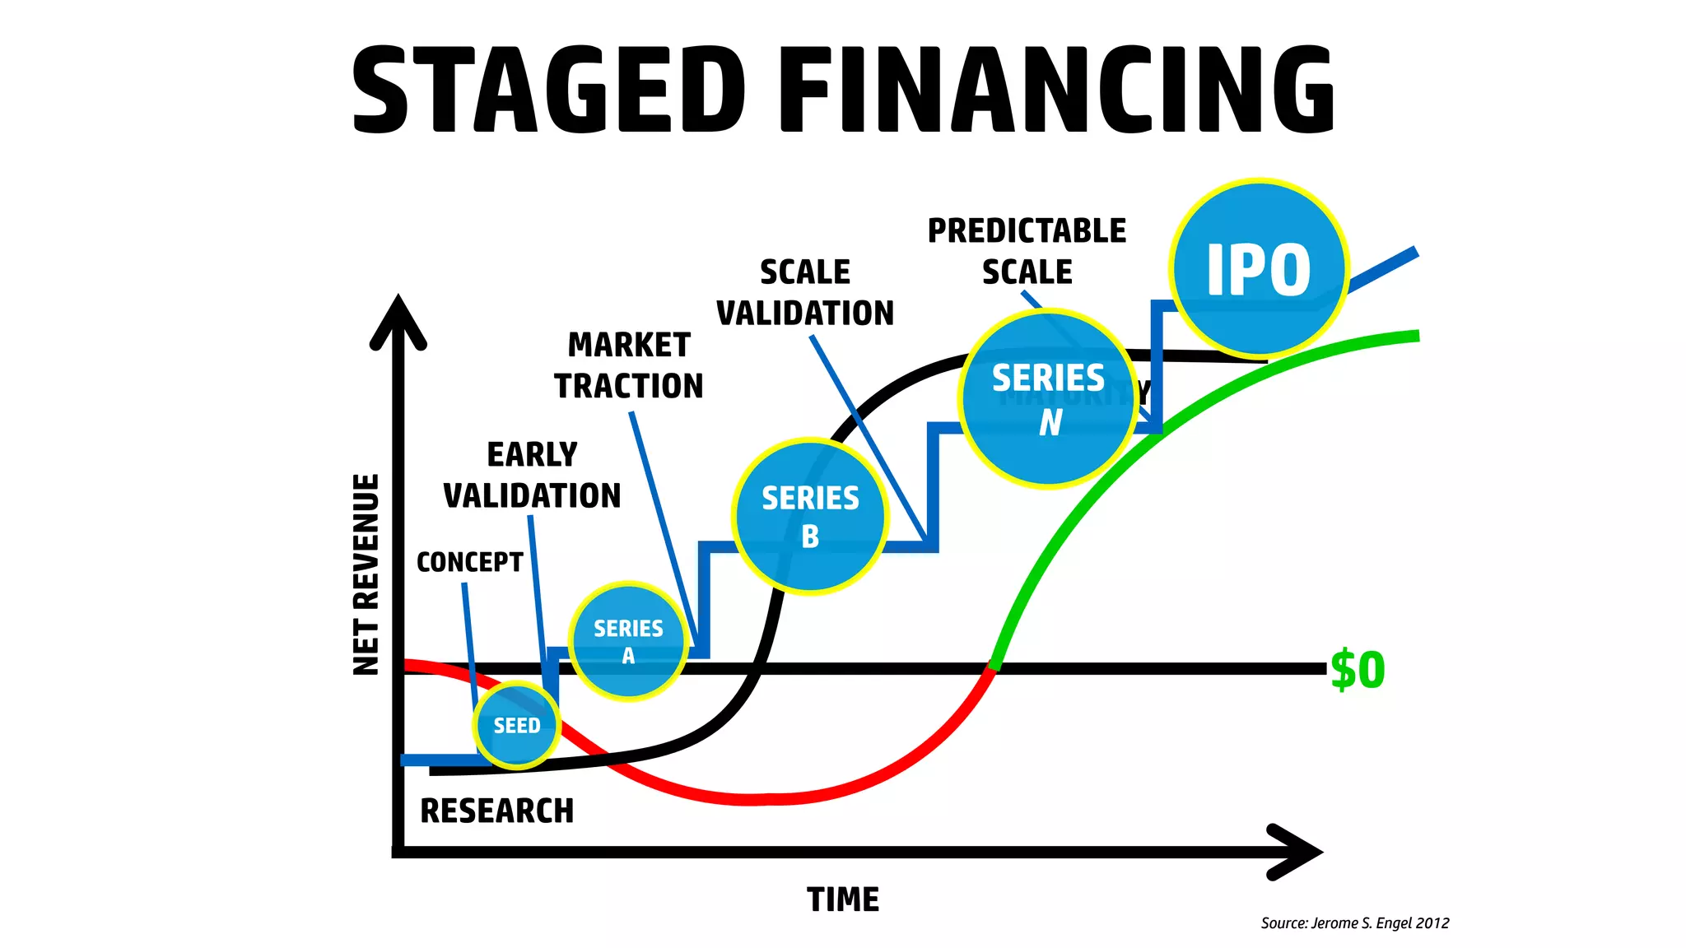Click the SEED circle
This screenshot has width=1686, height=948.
(x=517, y=726)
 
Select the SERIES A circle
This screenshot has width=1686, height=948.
(x=628, y=641)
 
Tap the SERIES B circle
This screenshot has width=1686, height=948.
(x=810, y=516)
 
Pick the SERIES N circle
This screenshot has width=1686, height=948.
(x=1048, y=399)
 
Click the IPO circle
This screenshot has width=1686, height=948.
(x=1259, y=268)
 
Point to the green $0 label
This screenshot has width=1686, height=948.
(x=1358, y=670)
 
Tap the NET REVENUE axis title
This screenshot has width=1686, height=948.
(x=366, y=574)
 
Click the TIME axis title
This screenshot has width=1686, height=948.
(x=843, y=899)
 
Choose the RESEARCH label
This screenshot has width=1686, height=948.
(x=496, y=811)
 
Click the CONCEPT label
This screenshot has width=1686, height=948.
(x=469, y=562)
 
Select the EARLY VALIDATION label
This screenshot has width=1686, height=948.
(x=532, y=476)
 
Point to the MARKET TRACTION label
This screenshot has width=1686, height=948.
(x=629, y=365)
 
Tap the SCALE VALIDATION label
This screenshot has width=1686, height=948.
(x=804, y=293)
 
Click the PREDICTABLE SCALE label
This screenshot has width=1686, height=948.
(x=1027, y=251)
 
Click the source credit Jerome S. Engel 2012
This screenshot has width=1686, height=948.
(x=1355, y=923)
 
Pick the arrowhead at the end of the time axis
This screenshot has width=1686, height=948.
(x=1296, y=852)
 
